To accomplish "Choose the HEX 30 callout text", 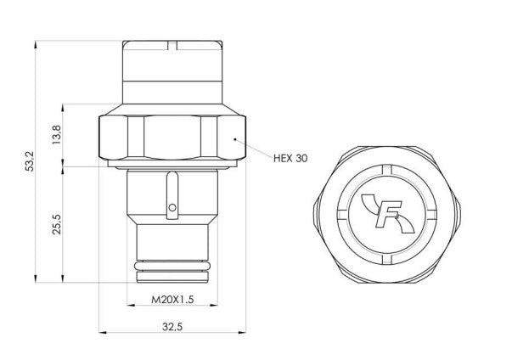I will pos(290,159).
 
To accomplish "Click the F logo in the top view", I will pos(391,210).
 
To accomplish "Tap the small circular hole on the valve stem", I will pos(173,206).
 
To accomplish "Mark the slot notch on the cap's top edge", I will pos(173,42).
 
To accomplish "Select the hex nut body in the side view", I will pos(173,136).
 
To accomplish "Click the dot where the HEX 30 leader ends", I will pos(235,138).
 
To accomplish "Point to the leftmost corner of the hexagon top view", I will pos(318,210).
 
